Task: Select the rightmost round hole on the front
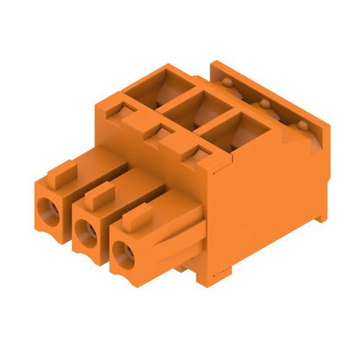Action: coord(121,253)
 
